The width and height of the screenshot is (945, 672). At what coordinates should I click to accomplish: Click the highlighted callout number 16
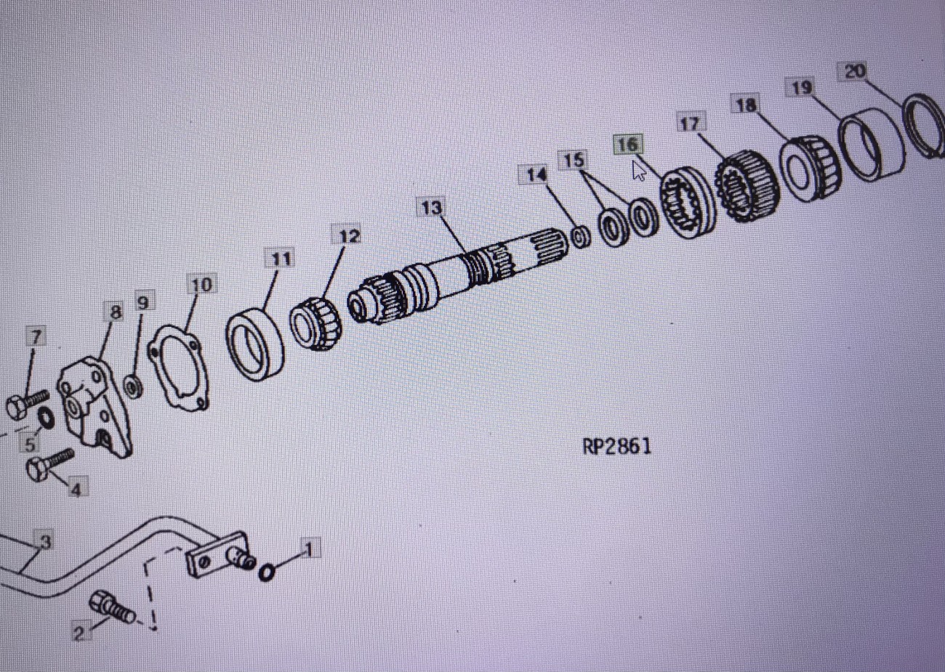tap(627, 145)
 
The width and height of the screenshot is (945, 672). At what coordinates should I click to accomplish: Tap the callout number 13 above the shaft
tap(431, 207)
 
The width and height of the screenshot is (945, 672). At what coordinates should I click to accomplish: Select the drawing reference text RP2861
tap(616, 447)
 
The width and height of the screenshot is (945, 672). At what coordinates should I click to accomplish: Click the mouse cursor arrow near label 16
tap(639, 171)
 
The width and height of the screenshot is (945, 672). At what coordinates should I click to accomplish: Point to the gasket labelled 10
tap(178, 368)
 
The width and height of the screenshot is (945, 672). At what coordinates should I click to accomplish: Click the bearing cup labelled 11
tap(255, 344)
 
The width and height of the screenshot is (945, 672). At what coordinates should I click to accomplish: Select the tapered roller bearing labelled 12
tap(315, 323)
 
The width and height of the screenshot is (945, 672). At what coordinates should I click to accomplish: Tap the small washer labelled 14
tap(582, 238)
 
